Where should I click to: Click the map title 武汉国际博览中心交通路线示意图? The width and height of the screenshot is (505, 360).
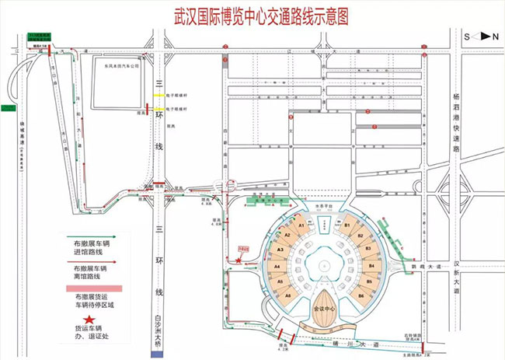(253, 13)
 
